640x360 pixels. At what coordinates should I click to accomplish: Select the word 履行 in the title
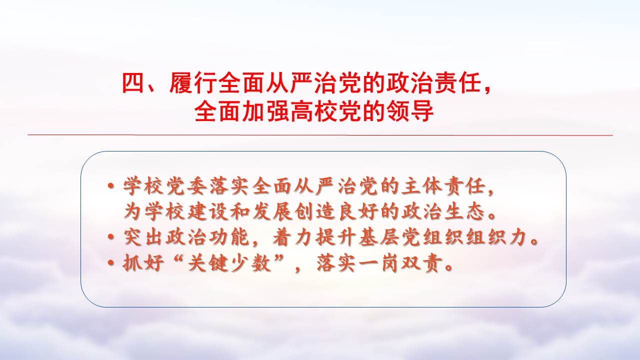(x=193, y=83)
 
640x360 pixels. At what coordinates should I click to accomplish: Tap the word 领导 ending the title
(x=409, y=111)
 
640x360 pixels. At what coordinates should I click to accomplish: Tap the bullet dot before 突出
(x=111, y=237)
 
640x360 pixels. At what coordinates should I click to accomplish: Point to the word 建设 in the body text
(x=208, y=211)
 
